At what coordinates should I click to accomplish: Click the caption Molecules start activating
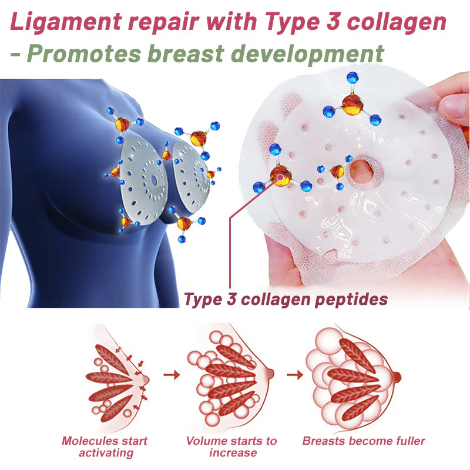(x=105, y=446)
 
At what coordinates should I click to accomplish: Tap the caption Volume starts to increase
(x=231, y=446)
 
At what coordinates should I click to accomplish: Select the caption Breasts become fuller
(x=364, y=441)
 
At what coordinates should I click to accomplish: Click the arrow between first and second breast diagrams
(x=172, y=375)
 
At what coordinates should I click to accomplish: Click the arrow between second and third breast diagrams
(x=295, y=375)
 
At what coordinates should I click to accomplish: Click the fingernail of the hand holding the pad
(x=452, y=106)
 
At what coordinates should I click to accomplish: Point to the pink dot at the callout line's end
(x=280, y=177)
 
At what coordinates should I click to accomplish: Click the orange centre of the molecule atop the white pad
(x=352, y=104)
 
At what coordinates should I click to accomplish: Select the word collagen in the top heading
(x=396, y=22)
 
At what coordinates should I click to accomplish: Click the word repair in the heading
(x=164, y=23)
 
